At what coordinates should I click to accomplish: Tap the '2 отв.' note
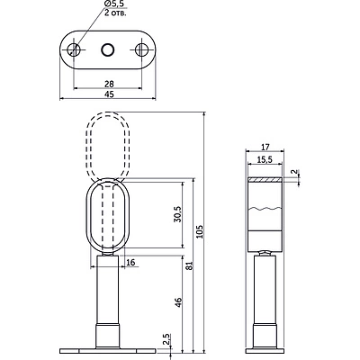tap(115, 13)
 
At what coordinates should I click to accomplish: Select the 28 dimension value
tap(109, 84)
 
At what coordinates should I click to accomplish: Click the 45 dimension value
tap(110, 94)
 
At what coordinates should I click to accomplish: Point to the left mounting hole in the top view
tap(74, 49)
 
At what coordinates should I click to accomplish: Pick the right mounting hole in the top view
tap(141, 49)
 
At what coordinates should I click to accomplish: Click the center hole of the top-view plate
tap(107, 49)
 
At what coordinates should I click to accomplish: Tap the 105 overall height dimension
tap(200, 231)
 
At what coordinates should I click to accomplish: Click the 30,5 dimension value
tap(177, 214)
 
